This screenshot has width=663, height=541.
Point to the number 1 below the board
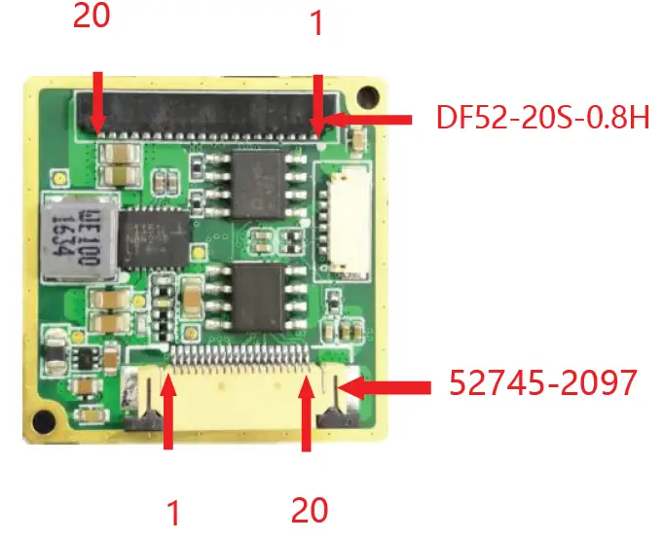pos(174,511)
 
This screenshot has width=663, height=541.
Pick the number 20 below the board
pos(310,510)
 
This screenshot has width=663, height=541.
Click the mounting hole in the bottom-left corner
pos(41,421)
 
